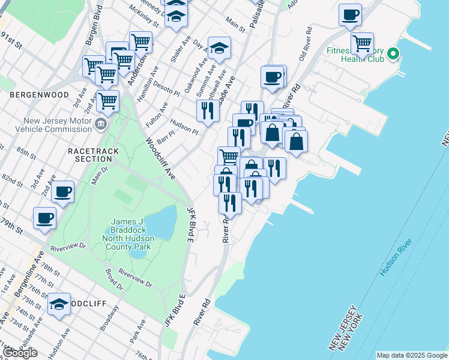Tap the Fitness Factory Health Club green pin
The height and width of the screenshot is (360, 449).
393,55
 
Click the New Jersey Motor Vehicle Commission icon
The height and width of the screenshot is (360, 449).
101,125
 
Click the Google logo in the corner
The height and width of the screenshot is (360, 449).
20,353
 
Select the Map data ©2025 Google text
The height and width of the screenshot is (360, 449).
412,355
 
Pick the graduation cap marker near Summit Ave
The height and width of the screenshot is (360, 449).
219,48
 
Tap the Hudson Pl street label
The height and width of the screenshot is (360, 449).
184,128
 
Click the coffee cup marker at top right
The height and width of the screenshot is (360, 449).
350,14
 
